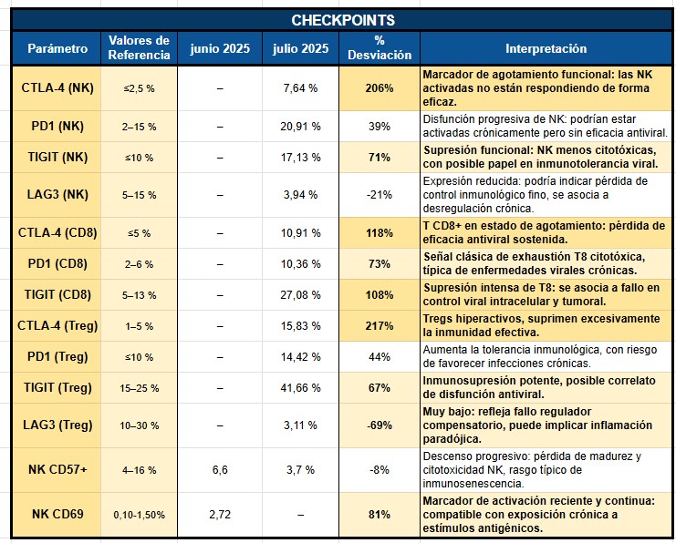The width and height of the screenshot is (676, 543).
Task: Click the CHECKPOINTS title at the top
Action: point(343,20)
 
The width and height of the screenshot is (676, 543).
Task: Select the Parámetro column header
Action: point(57,48)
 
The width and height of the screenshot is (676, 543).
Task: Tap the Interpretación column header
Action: point(546,48)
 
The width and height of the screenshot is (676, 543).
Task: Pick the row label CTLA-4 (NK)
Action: point(57,88)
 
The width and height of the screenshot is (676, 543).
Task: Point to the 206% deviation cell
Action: point(380,88)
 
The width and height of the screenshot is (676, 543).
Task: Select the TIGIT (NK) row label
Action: point(57,157)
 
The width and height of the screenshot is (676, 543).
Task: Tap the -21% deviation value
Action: point(380,194)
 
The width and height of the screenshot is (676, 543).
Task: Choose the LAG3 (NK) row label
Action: point(57,194)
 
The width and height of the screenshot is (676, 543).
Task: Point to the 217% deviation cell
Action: point(380,325)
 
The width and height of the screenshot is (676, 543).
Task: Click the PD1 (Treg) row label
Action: point(57,356)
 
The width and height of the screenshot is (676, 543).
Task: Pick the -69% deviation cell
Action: point(380,425)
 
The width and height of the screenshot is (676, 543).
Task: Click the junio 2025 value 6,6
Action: point(220,469)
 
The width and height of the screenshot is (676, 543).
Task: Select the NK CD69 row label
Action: point(57,514)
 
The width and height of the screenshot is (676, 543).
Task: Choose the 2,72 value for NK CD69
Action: point(220,514)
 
